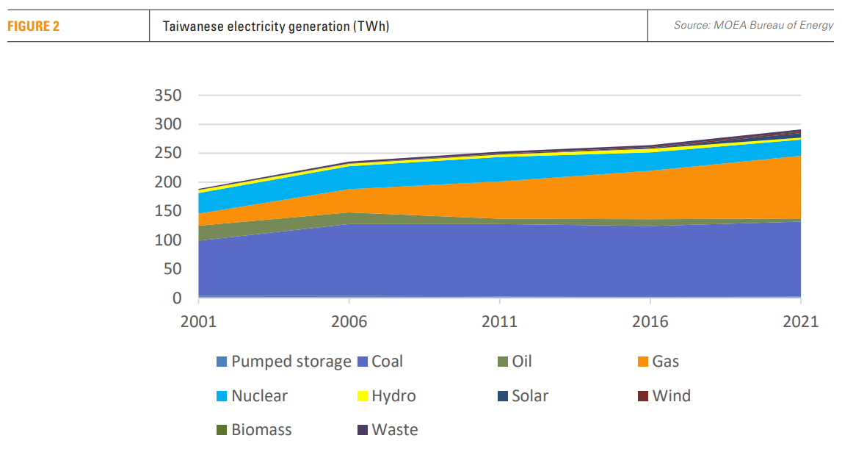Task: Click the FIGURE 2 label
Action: click(x=34, y=26)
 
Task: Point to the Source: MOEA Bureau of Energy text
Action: click(x=753, y=26)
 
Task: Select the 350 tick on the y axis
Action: click(x=168, y=96)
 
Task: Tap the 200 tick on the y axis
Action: click(x=168, y=182)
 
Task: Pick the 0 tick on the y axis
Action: click(x=177, y=298)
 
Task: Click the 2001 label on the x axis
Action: click(x=198, y=322)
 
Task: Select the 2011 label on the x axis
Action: click(x=499, y=322)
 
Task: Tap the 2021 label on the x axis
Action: click(x=800, y=322)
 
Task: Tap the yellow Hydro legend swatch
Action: click(x=363, y=396)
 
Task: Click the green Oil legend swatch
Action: click(x=503, y=362)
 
